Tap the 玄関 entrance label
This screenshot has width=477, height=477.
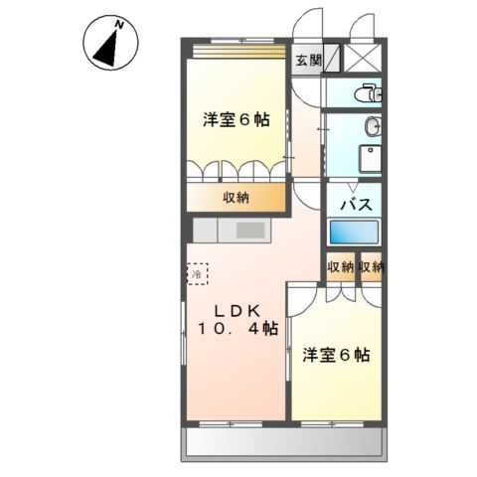pyautogui.click(x=308, y=60)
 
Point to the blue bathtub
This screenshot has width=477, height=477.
pyautogui.click(x=356, y=231)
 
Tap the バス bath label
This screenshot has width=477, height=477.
pyautogui.click(x=357, y=204)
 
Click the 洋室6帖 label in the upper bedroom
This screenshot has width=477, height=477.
pyautogui.click(x=237, y=119)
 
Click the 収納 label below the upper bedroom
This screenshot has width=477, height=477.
pyautogui.click(x=236, y=197)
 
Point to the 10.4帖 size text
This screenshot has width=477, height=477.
pyautogui.click(x=238, y=330)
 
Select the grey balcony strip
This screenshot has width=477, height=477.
pyautogui.click(x=284, y=442)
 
